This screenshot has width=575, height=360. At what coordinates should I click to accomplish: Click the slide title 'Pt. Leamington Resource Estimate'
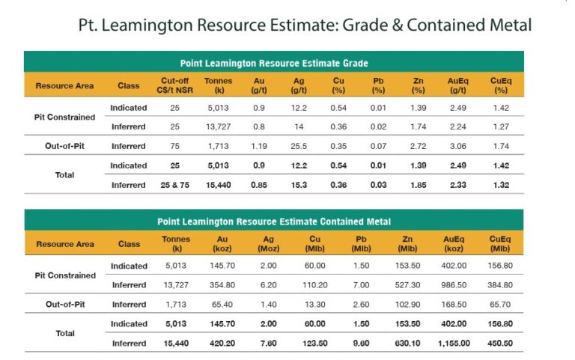[x=305, y=25]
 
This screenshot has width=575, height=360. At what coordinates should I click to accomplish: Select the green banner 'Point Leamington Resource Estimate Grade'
[x=274, y=63]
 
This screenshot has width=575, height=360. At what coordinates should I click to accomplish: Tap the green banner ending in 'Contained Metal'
[x=274, y=222]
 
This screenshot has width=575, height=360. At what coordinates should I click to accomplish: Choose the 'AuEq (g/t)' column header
[x=457, y=85]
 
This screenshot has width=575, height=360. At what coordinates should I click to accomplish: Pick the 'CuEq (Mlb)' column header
[x=501, y=243]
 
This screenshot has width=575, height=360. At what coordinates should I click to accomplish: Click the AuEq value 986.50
[x=457, y=284]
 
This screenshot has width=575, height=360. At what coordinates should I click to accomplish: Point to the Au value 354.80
[x=223, y=284]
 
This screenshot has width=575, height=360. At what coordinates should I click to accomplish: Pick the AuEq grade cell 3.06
[x=457, y=145]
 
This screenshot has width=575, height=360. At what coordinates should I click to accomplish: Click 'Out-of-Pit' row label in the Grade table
[x=64, y=145]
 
